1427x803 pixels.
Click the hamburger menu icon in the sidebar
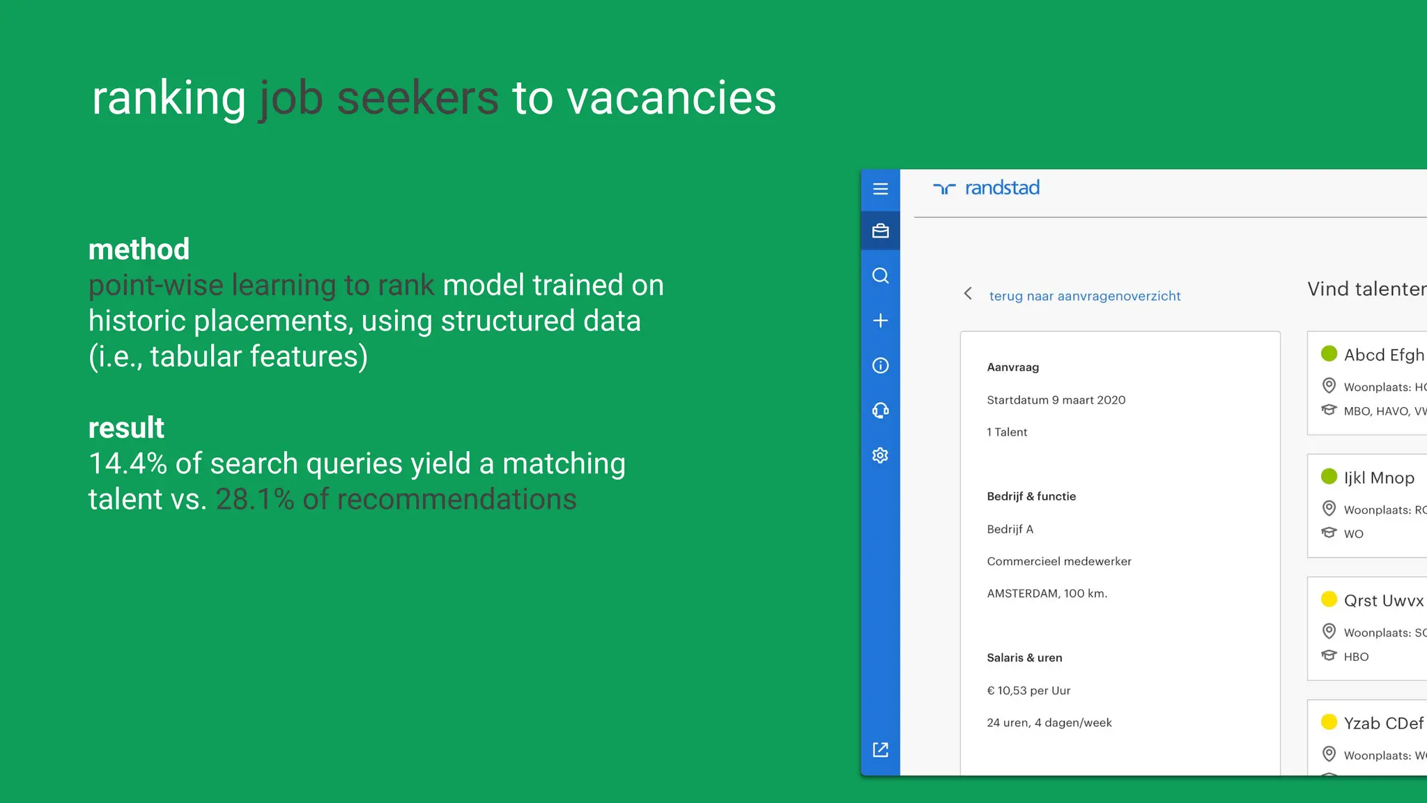880,189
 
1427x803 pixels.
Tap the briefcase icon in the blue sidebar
880,231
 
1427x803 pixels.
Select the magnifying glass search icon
880,276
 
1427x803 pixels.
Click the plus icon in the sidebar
880,321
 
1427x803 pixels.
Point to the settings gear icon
880,455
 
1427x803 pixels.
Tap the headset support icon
880,411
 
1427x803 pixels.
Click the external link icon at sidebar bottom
880,749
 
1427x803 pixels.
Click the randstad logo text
1001,188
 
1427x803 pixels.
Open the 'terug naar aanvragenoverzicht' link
1084,296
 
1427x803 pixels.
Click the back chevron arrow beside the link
968,293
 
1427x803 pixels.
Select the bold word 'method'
139,249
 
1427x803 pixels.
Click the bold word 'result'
126,427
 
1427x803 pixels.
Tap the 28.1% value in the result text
254,499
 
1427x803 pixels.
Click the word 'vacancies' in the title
671,98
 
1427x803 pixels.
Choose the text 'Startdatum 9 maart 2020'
1056,400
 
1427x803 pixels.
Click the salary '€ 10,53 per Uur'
1028,691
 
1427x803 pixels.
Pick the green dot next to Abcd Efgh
1329,353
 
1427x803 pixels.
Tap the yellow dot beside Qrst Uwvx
1329,599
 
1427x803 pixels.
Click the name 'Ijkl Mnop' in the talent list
1379,477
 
